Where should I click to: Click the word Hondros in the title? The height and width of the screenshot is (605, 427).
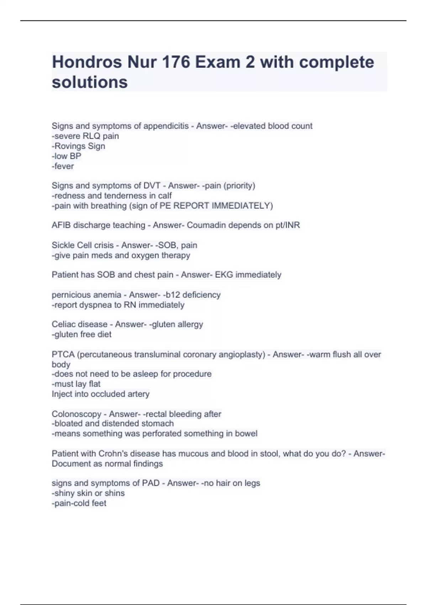[x=86, y=62]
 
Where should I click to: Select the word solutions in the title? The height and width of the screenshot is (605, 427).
[x=90, y=82]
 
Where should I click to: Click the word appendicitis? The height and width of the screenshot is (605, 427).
[x=166, y=126]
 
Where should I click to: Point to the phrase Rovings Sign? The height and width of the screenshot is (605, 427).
[x=80, y=146]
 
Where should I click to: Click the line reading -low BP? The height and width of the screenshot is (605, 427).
[x=67, y=156]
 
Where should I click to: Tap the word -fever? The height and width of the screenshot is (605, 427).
[x=63, y=166]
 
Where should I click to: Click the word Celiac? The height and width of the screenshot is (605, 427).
[x=62, y=325]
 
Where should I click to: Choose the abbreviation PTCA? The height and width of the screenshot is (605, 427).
[x=63, y=354]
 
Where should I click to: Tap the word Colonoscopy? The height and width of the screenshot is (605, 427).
[x=77, y=414]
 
